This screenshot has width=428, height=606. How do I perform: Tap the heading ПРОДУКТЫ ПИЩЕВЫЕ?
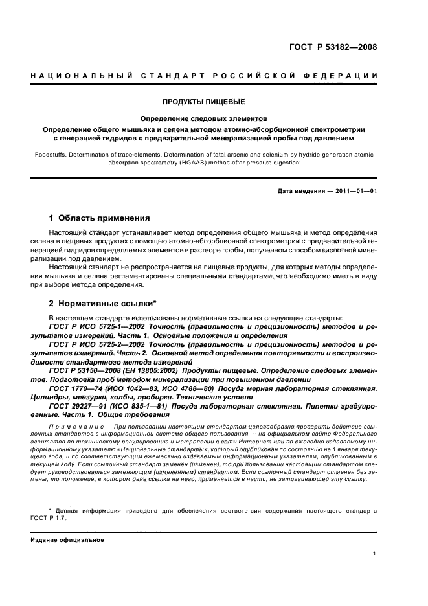(x=203, y=102)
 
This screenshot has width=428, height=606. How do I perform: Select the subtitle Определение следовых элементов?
(x=203, y=118)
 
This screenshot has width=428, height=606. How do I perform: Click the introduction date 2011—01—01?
(x=355, y=191)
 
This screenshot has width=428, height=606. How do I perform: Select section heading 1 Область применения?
(x=100, y=218)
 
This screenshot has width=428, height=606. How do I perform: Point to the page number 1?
(x=375, y=554)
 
